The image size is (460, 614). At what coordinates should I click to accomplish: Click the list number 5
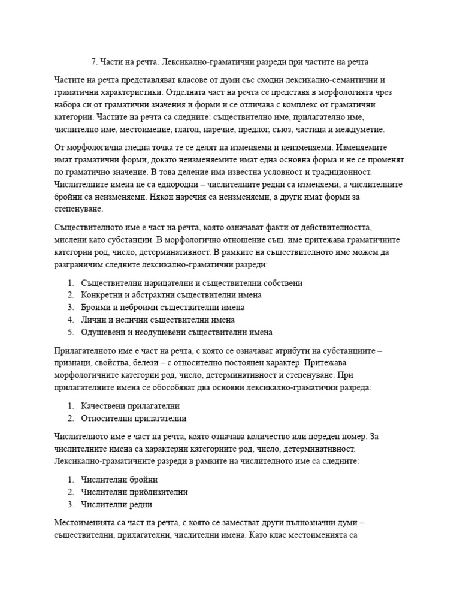(x=70, y=332)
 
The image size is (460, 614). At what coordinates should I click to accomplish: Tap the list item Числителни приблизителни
(x=134, y=492)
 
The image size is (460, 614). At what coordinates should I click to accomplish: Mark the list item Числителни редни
(x=116, y=504)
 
